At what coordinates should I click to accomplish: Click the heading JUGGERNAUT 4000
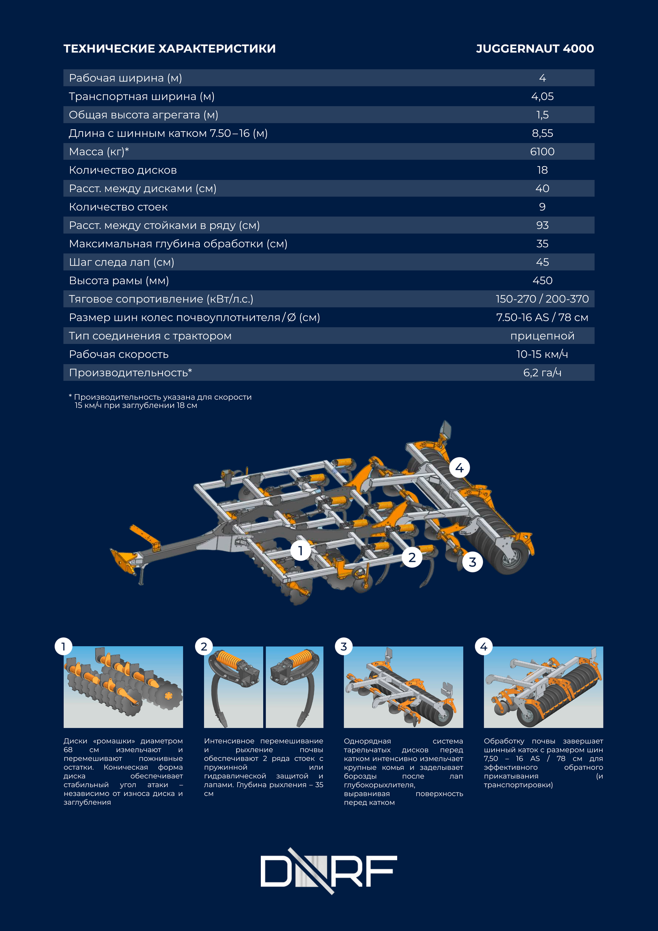pos(534,49)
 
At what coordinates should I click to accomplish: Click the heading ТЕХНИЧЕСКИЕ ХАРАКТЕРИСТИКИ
pos(170,49)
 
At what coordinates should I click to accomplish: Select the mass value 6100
pos(542,152)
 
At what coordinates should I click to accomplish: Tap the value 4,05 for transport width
pos(542,96)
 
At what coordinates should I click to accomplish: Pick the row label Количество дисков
pos(123,170)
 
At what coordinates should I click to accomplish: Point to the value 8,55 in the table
pos(542,133)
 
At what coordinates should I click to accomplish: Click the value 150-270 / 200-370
pos(542,299)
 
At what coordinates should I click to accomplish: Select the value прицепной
pos(542,336)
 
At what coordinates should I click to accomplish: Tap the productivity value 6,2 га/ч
pos(542,373)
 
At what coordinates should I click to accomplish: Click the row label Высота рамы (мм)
pos(119,281)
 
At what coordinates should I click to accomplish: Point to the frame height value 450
pos(542,281)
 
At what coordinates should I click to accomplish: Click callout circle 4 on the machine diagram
pos(459,467)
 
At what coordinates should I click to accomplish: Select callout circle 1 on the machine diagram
pos(300,551)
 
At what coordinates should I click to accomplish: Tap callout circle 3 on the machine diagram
pos(472,562)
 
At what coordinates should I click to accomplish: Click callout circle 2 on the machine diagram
pos(412,558)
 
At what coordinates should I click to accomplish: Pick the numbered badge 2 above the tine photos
pos(204,647)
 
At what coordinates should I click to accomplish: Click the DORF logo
pos(329,871)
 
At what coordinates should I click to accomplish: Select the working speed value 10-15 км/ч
pos(542,354)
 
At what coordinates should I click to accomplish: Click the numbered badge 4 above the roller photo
pos(484,647)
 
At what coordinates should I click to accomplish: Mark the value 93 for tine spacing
pos(542,225)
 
